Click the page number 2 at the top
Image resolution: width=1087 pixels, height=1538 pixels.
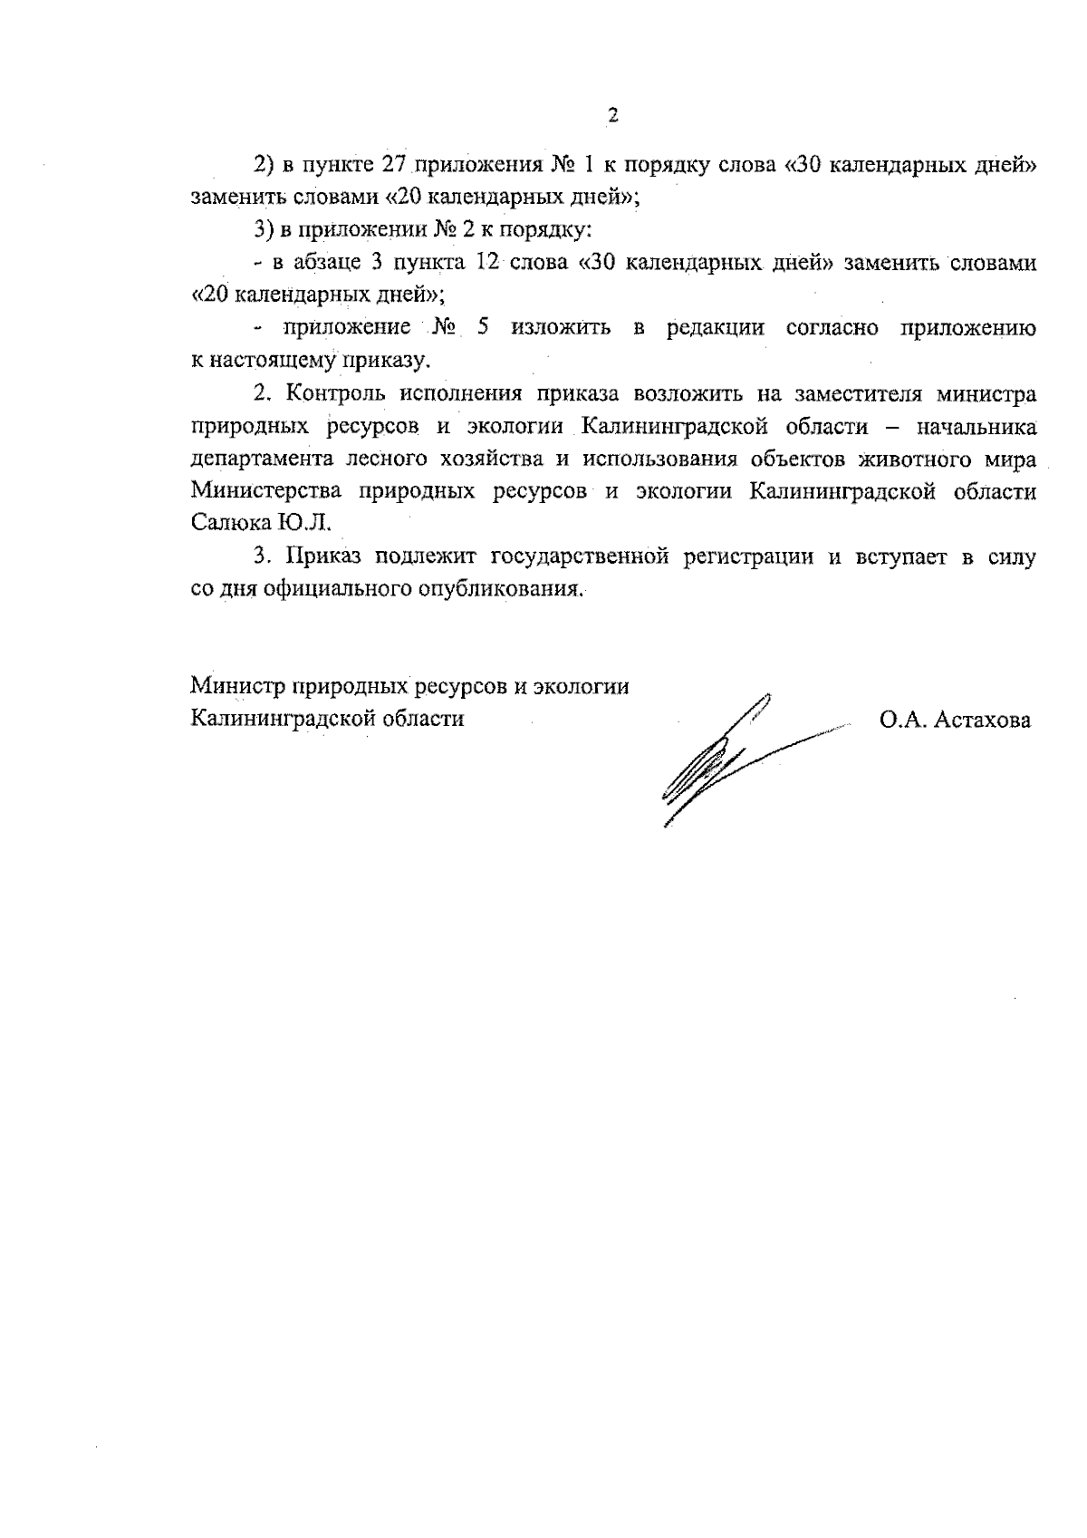pos(612,116)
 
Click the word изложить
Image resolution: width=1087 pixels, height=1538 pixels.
pos(560,328)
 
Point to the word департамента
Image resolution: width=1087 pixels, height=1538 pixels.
pos(262,459)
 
